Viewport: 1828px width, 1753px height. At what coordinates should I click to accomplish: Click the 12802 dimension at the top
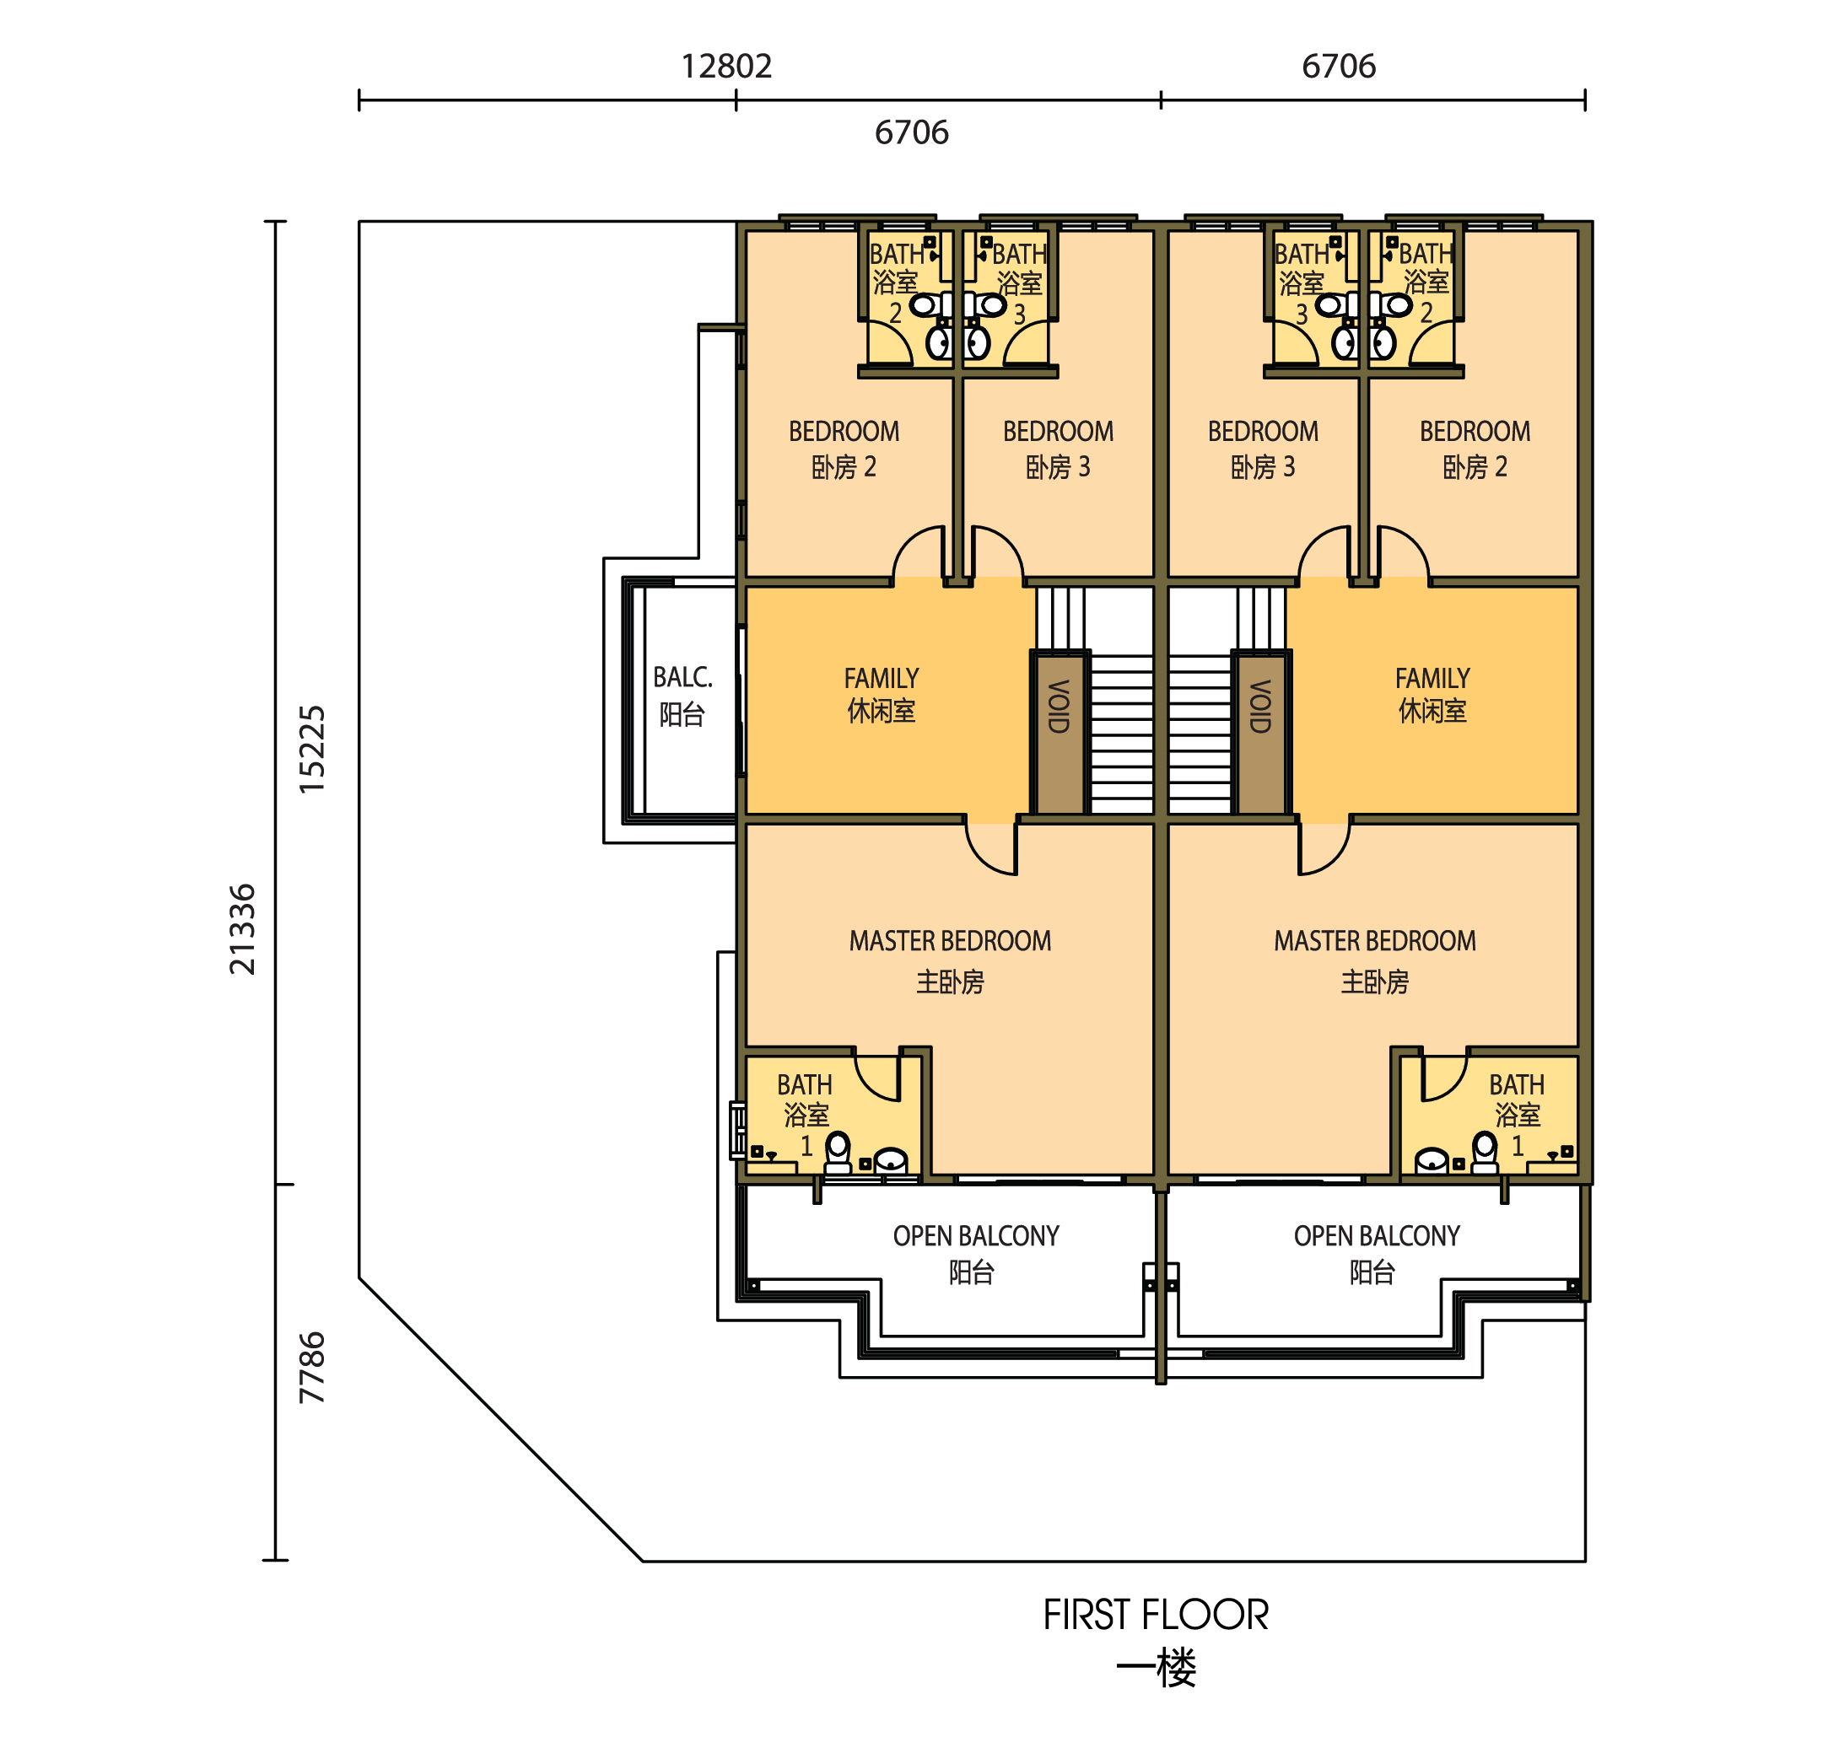tap(725, 67)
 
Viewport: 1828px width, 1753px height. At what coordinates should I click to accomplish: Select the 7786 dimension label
tap(312, 1367)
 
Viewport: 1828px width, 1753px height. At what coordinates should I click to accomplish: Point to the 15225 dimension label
tap(312, 750)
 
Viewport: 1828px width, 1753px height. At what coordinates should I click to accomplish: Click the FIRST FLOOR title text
tap(1155, 1615)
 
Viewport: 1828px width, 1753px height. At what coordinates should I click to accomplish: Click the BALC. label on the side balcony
tap(682, 677)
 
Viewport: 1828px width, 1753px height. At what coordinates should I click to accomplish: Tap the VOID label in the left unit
tap(1060, 706)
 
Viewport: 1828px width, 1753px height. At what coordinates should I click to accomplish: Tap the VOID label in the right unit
tap(1260, 706)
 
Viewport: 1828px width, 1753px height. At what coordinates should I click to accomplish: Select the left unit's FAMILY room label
tap(881, 678)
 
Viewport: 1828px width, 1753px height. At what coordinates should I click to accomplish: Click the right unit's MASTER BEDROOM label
tap(1374, 941)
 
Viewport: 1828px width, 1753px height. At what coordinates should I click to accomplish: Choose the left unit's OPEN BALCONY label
tap(975, 1235)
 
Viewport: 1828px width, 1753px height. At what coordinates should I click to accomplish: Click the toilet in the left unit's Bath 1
tap(839, 1153)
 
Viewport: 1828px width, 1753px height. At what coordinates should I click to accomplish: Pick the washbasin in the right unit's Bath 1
tap(1431, 1161)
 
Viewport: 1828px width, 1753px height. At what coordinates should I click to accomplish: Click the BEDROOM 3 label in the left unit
tap(1058, 432)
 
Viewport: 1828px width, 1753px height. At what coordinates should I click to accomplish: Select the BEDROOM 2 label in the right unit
tap(1474, 432)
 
